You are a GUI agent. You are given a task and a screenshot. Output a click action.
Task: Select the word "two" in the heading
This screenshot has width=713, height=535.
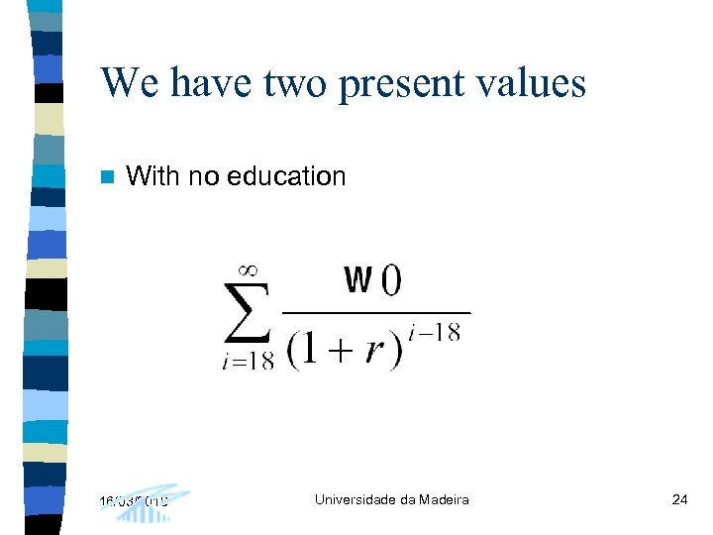pos(295,83)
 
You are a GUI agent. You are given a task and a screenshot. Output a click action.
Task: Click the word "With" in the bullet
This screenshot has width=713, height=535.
pos(153,176)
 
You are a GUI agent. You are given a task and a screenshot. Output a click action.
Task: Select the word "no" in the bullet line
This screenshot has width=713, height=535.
pos(203,176)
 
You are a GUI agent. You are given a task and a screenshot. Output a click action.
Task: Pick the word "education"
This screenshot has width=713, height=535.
pos(286,176)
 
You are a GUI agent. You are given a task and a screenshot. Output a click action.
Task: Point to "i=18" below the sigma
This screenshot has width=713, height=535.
pos(248,361)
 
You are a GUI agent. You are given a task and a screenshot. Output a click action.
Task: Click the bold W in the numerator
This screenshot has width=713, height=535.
pos(357,280)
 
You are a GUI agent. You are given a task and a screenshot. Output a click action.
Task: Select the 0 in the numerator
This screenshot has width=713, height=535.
pos(389,281)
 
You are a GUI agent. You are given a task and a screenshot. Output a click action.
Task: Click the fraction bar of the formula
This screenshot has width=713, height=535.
pos(376,313)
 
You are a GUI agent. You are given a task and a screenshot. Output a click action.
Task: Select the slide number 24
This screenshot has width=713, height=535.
pos(679,499)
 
